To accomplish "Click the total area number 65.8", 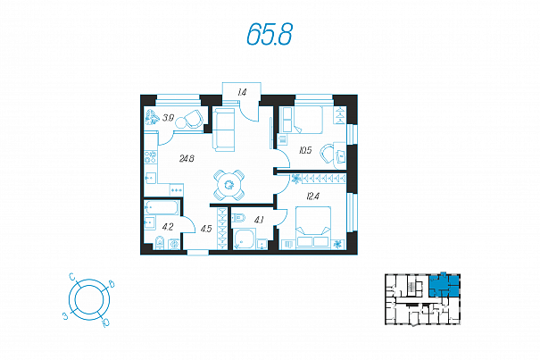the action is click(x=270, y=35).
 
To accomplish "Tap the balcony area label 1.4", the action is click(x=242, y=92).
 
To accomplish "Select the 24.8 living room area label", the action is click(x=187, y=159).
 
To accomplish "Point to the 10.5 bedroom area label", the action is click(x=305, y=150).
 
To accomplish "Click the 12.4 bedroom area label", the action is click(x=312, y=197).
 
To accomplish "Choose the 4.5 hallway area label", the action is click(x=206, y=229).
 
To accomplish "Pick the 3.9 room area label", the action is click(x=168, y=118).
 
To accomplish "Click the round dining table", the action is click(x=229, y=185).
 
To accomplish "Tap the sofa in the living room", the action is click(x=223, y=130).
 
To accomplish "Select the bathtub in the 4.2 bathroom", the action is click(x=162, y=207).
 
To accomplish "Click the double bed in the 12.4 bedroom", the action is click(x=313, y=227).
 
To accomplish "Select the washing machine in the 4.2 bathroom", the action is click(x=175, y=245).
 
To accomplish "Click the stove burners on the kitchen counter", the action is click(x=151, y=157).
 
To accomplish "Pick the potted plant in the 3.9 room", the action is click(x=152, y=117).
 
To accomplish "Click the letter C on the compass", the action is click(x=72, y=277).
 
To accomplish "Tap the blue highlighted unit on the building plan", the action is click(x=444, y=286).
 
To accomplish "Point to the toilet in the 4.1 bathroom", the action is click(x=239, y=218).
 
